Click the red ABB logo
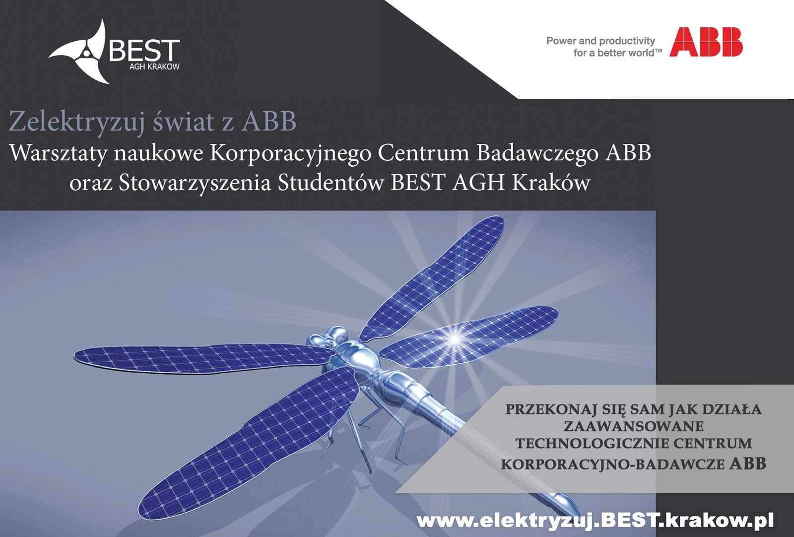706,42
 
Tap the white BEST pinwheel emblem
80,52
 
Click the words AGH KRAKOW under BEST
154,67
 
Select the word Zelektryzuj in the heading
77,122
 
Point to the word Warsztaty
59,154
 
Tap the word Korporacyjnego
291,154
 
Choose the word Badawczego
537,154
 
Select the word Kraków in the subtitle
551,183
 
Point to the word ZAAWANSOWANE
634,426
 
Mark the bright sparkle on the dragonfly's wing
455,339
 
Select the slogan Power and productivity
600,41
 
